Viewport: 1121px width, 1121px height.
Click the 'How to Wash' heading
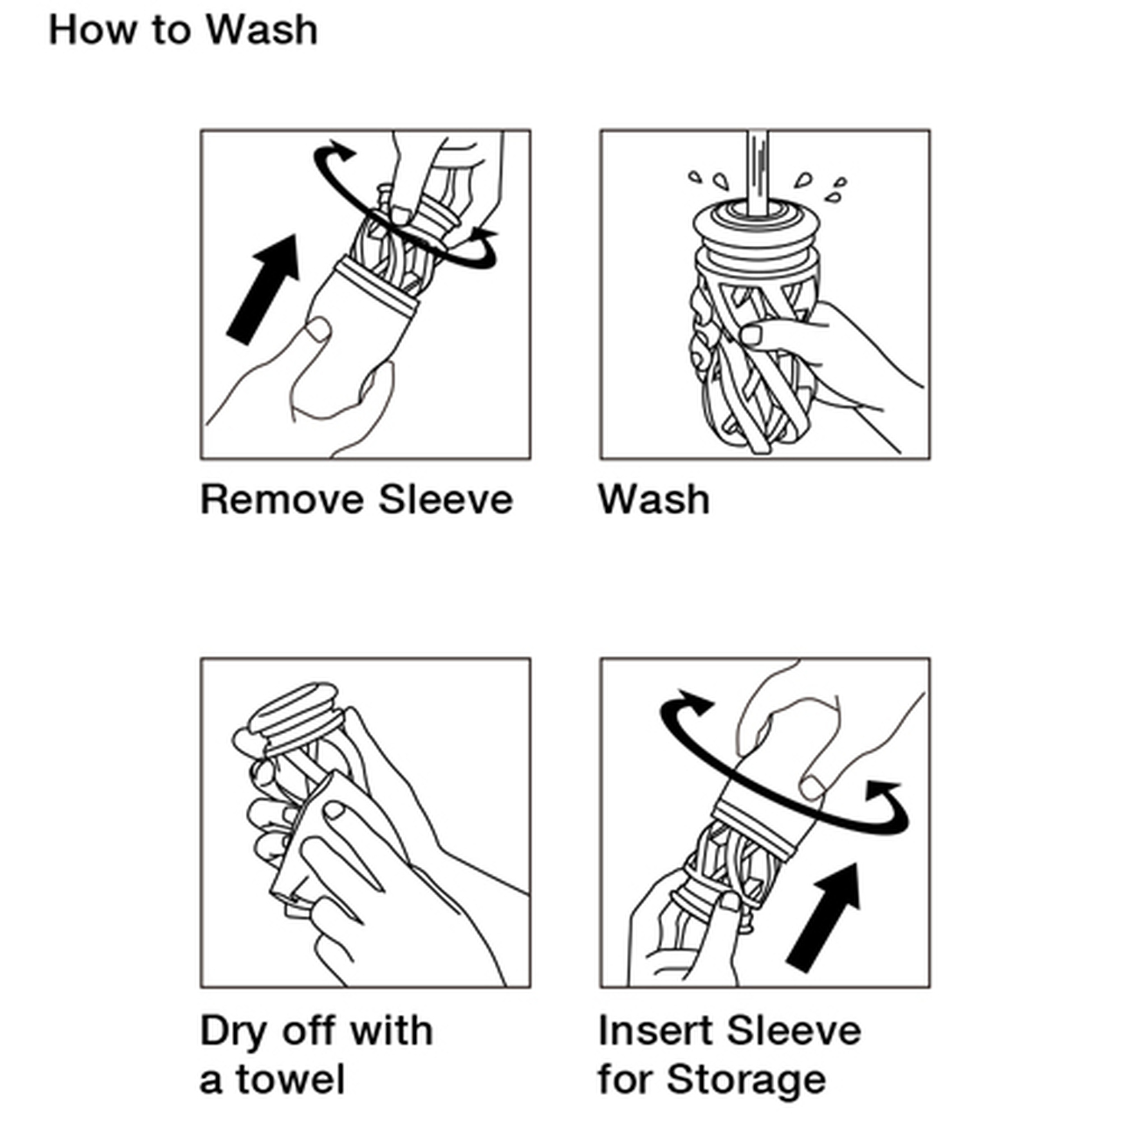tap(183, 31)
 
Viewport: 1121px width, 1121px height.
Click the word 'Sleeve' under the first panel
tap(446, 500)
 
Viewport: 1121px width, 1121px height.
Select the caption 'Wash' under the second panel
tap(654, 500)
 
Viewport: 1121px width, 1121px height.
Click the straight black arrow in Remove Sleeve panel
tap(263, 289)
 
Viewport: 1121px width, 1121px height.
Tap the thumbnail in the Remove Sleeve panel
tap(318, 329)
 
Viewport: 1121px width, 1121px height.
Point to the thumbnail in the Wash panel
tap(751, 335)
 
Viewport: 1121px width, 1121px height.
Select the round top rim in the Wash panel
tap(757, 220)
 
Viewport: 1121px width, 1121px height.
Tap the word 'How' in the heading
tap(91, 31)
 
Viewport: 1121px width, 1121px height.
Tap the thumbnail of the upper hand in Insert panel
tap(812, 789)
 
